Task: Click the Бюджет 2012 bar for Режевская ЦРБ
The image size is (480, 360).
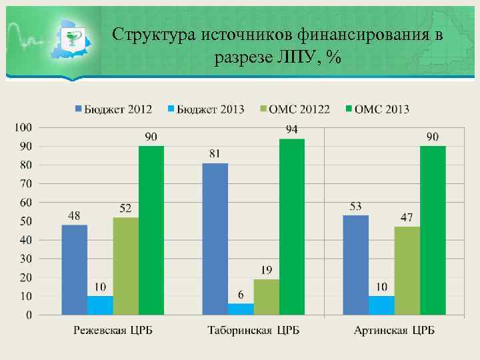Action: [x=75, y=269]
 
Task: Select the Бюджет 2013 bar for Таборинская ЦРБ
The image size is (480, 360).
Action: [x=241, y=309]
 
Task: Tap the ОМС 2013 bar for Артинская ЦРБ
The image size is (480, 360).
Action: [x=433, y=230]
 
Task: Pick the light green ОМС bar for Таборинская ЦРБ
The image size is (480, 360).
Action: [x=266, y=297]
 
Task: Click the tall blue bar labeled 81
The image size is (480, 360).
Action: [x=215, y=239]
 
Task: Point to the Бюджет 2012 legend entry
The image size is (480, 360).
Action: [x=114, y=109]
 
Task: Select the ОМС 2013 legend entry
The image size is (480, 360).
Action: [x=379, y=109]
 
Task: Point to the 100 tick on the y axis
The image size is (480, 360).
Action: [x=24, y=127]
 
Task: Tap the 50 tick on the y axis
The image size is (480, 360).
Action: [x=27, y=221]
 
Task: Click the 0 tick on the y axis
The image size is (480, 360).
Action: [x=29, y=315]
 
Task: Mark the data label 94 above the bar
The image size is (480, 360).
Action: [x=291, y=129]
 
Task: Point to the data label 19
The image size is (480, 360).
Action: [x=266, y=270]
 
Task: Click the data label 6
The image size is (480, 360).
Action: [x=241, y=295]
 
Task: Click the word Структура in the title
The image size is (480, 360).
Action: [x=153, y=35]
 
